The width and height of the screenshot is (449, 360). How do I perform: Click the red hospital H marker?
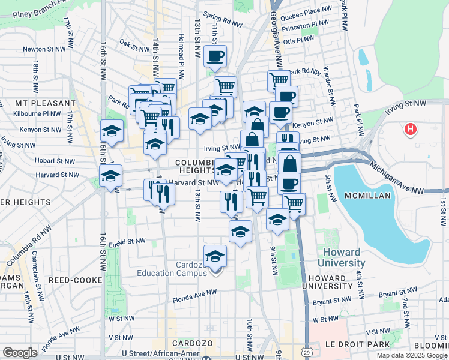[x=411, y=129]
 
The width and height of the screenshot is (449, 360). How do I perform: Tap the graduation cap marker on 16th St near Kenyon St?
[x=112, y=131]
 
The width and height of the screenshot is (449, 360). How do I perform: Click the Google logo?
[x=20, y=353]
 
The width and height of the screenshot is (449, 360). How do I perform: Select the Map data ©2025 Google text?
[x=412, y=355]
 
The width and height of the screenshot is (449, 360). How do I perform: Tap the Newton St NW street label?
[x=43, y=49]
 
